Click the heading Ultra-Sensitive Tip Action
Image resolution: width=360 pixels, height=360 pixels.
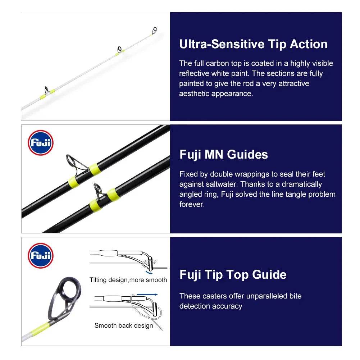tap(253, 44)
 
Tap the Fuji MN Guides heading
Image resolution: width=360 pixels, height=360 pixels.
tap(223, 155)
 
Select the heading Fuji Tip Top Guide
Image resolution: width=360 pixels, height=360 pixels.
tap(233, 275)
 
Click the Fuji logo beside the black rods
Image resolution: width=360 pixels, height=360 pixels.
tap(40, 143)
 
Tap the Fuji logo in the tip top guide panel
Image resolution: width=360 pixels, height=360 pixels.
tap(40, 255)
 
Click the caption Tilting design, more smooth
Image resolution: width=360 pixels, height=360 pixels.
tap(128, 280)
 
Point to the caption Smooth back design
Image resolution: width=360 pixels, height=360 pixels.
tap(123, 325)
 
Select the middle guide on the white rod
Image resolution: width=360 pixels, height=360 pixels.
tap(119, 49)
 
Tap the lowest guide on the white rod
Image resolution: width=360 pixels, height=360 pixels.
tap(46, 89)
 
